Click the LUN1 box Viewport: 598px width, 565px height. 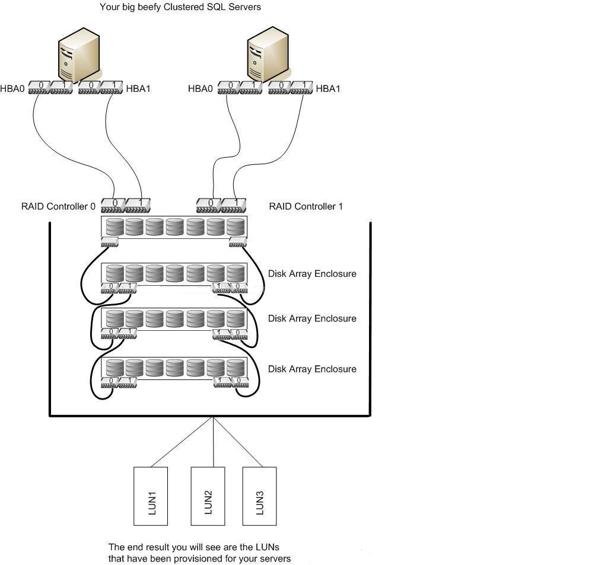[x=151, y=496]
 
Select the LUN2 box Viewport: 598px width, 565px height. [x=208, y=496]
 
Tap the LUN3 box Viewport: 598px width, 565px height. [x=259, y=496]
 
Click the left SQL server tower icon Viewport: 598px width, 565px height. [x=79, y=57]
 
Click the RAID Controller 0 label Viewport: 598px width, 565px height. [x=58, y=207]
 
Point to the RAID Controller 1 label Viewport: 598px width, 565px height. [x=306, y=207]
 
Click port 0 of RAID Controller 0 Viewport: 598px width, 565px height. [x=113, y=205]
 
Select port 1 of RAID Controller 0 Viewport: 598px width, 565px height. [x=138, y=205]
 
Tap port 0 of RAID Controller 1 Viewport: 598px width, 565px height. [x=209, y=205]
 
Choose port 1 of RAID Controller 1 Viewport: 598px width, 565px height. [x=234, y=205]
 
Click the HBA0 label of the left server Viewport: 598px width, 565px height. [x=12, y=89]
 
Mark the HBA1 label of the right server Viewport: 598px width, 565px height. [x=328, y=89]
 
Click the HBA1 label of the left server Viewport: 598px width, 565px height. [x=138, y=89]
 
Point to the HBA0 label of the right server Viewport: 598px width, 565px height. [x=201, y=89]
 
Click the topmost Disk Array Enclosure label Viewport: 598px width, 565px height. [x=312, y=274]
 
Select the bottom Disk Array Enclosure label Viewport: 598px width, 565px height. [x=312, y=369]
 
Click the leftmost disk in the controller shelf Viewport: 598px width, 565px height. [x=115, y=226]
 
